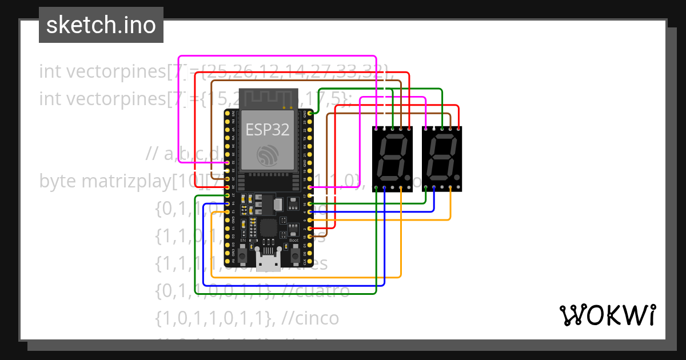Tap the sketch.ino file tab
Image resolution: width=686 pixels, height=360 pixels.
click(x=101, y=25)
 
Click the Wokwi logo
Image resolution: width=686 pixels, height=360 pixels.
click(x=607, y=315)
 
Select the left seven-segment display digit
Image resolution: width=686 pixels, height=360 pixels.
click(x=392, y=157)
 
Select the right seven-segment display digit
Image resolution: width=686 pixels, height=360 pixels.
click(x=441, y=157)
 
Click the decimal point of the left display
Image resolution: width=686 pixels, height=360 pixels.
click(x=406, y=178)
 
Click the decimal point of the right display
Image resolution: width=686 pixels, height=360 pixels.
click(x=456, y=178)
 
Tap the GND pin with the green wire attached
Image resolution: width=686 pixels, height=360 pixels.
click(x=310, y=114)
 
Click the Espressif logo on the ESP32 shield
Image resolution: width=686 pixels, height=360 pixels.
click(x=268, y=155)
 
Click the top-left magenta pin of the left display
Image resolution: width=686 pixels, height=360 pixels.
click(x=376, y=129)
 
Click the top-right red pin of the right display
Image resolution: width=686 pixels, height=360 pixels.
click(x=458, y=129)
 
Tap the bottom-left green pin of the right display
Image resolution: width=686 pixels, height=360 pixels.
click(x=425, y=187)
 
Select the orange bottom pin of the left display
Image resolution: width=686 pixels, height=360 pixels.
click(x=401, y=187)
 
